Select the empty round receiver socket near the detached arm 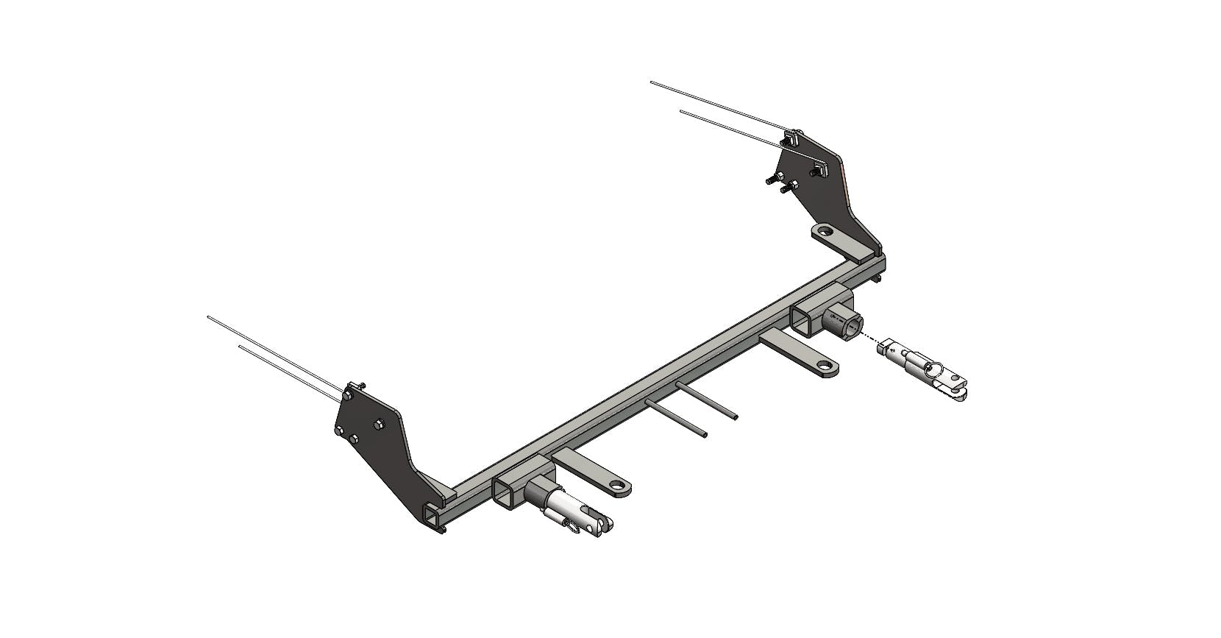pyautogui.click(x=852, y=325)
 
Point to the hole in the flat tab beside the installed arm pyautogui.click(x=622, y=486)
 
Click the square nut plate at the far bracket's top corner pyautogui.click(x=791, y=138)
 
